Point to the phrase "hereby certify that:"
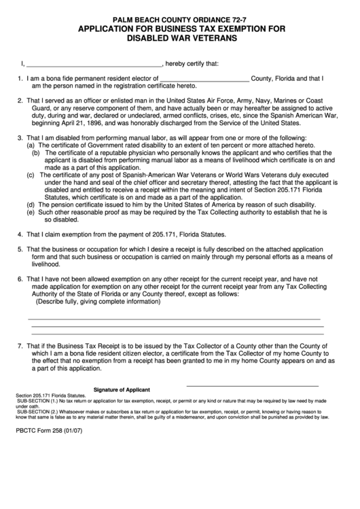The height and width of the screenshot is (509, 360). point(192,65)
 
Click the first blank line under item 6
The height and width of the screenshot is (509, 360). point(173,317)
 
